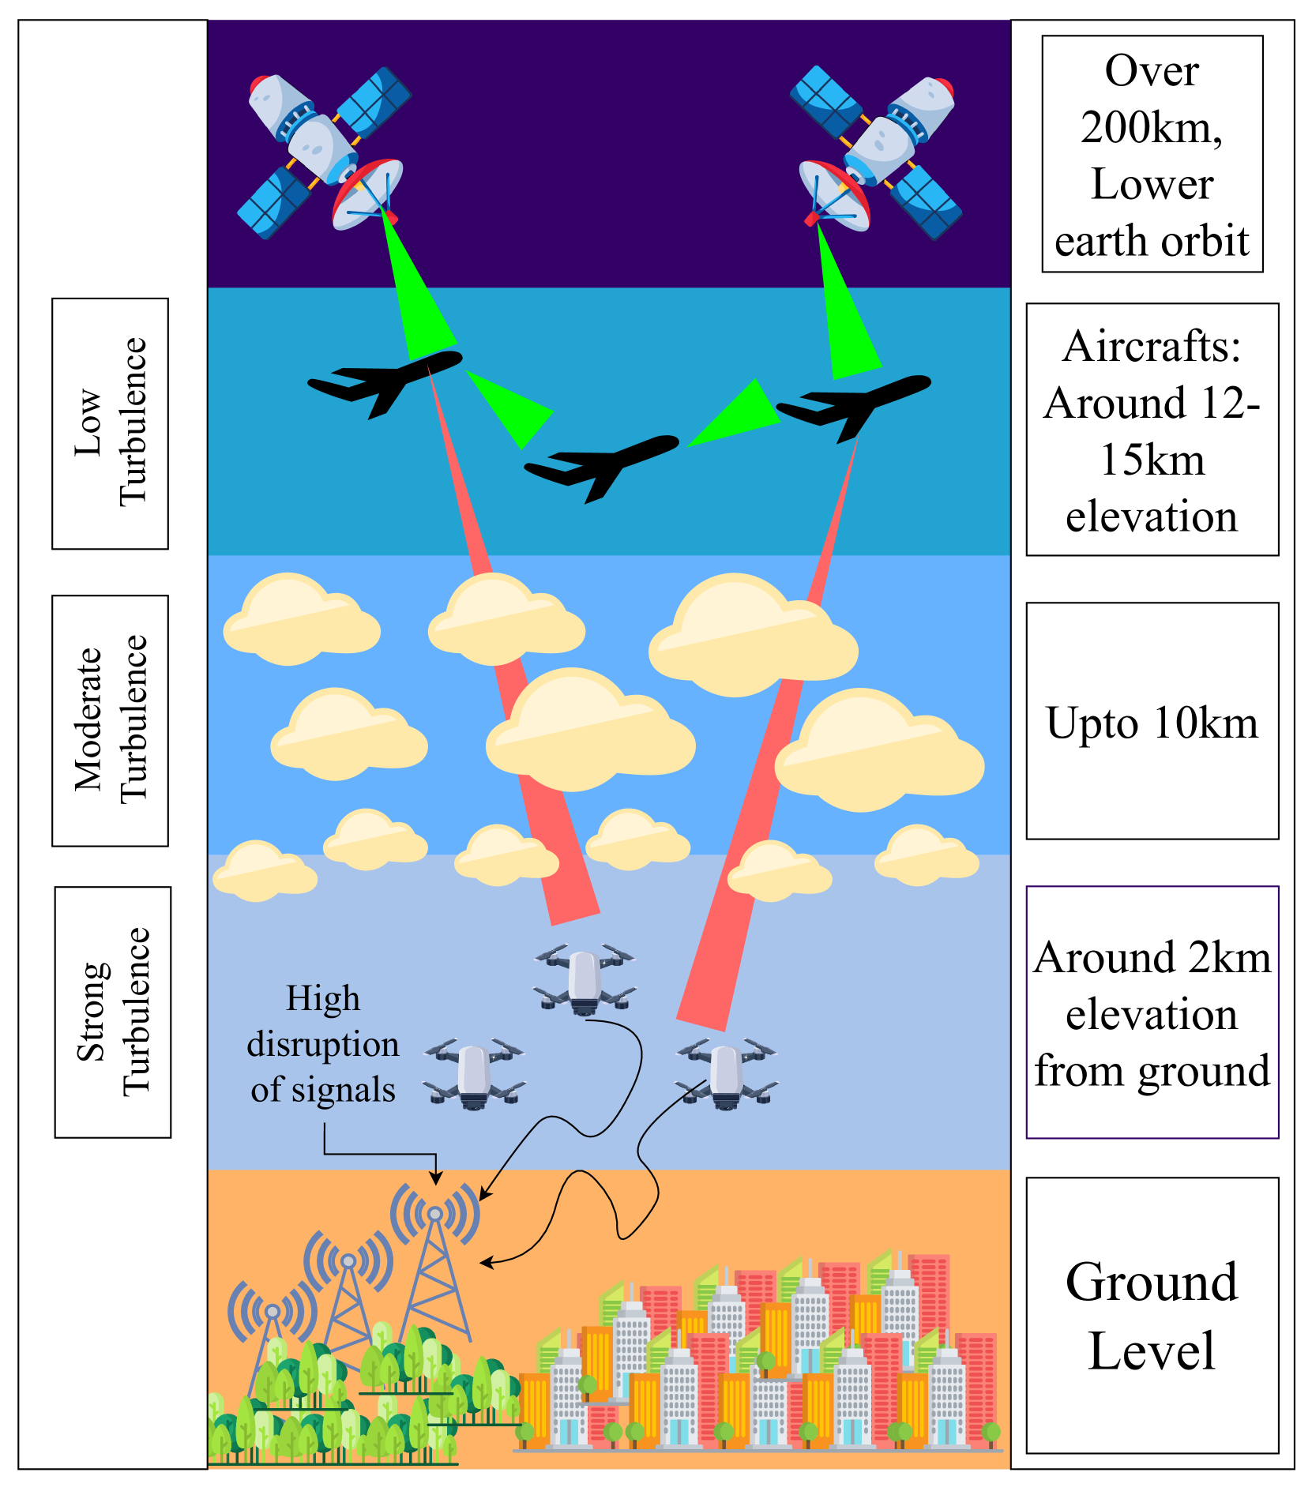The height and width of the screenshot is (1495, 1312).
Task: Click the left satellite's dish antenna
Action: (x=367, y=194)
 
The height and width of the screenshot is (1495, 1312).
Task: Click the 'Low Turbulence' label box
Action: (x=111, y=423)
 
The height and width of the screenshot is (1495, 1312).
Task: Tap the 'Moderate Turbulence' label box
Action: (x=111, y=720)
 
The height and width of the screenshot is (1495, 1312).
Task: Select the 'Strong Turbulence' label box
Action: (x=113, y=1012)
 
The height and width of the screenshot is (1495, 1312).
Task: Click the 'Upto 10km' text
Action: (x=1152, y=723)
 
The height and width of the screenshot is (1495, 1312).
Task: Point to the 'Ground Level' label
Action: (x=1152, y=1315)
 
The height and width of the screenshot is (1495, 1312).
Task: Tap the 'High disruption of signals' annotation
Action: (x=323, y=1043)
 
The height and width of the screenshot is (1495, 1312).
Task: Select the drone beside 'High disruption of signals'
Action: (x=474, y=1072)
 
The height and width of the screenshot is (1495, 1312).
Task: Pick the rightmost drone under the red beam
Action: (x=727, y=1072)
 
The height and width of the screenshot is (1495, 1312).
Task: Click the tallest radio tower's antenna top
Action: (x=435, y=1214)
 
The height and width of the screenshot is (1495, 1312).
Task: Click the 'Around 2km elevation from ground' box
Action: (x=1152, y=1012)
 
